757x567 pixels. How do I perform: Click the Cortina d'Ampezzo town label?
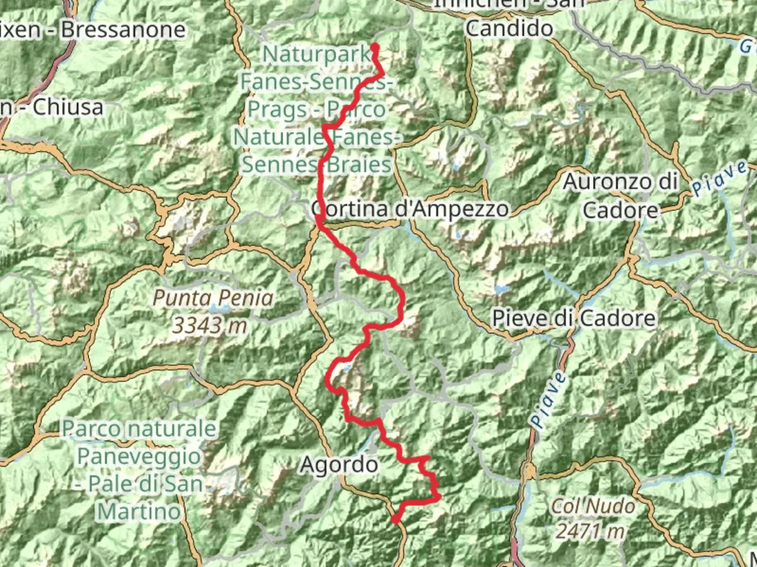tap(410, 209)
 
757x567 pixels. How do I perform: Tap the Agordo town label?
tap(339, 465)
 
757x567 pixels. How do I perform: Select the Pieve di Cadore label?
tap(574, 318)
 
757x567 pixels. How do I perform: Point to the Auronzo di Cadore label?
tap(620, 196)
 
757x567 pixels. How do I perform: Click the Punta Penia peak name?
tap(213, 298)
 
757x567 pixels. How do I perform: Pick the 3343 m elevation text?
tap(210, 325)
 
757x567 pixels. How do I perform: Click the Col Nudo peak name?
tap(593, 506)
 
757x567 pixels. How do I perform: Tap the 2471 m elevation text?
tap(590, 531)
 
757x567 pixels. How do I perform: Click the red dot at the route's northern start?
tap(375, 48)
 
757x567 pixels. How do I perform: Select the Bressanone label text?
tap(123, 30)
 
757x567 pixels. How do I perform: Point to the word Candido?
tap(509, 28)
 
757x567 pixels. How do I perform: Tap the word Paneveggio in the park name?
tap(139, 456)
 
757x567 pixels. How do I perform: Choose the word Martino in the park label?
tap(139, 511)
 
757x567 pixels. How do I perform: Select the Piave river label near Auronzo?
tap(719, 178)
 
